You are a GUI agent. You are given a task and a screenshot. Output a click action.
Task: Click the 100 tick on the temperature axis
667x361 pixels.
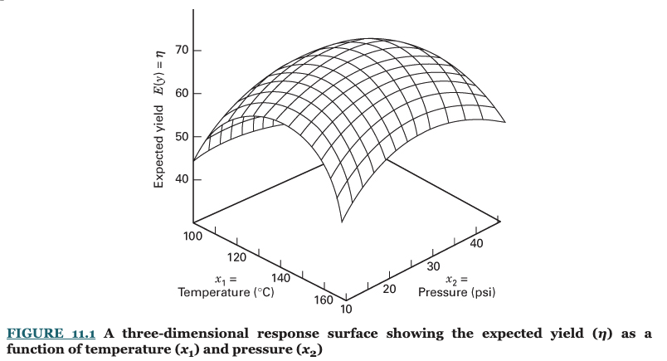pos(193,237)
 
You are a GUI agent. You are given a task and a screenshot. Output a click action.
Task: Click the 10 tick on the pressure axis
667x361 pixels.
pos(346,309)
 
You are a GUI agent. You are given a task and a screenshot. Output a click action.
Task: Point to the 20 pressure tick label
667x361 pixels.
pos(389,289)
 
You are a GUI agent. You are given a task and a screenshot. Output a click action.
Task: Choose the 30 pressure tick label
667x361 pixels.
pos(432,266)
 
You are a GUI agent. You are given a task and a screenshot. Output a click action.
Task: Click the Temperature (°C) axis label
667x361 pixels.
pos(226,292)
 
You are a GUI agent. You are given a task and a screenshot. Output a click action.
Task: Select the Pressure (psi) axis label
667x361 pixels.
pos(457,292)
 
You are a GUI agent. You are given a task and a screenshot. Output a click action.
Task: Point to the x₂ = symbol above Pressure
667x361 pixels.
pos(458,280)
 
